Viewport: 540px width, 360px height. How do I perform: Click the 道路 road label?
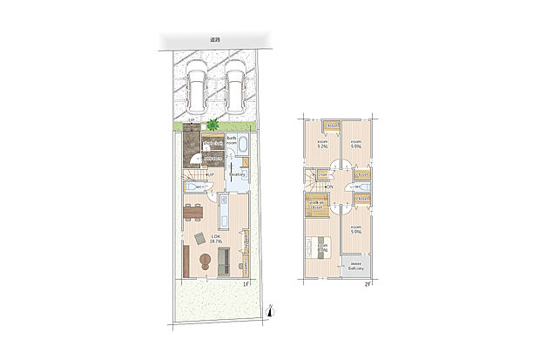pyautogui.click(x=214, y=40)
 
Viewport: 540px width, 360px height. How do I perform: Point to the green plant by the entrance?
pyautogui.click(x=213, y=126)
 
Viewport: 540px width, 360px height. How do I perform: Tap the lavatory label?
pyautogui.click(x=239, y=174)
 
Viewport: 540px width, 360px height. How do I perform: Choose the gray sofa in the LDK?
pyautogui.click(x=223, y=260)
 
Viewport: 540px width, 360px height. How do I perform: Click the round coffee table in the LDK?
pyautogui.click(x=206, y=259)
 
